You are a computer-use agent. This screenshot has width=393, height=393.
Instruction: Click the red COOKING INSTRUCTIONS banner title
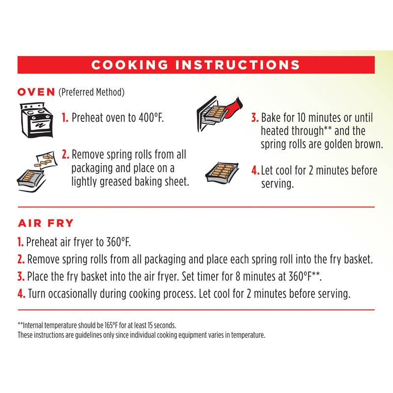tap(196, 65)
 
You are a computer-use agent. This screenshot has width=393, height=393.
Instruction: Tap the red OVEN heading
tap(36, 92)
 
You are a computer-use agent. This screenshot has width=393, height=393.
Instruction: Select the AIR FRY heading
tap(46, 223)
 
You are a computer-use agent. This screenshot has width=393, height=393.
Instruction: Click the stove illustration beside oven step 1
tap(36, 120)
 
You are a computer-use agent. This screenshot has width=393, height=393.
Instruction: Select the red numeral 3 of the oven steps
tap(255, 117)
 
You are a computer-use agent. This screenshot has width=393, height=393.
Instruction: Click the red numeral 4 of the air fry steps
tap(21, 293)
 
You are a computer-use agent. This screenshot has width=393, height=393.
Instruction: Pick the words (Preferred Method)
tap(91, 92)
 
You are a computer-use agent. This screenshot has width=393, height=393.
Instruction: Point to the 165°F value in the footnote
tap(111, 325)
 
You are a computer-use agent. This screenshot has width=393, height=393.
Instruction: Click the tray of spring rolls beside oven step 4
tap(222, 173)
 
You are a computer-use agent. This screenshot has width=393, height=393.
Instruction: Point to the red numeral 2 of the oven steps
tap(65, 154)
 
